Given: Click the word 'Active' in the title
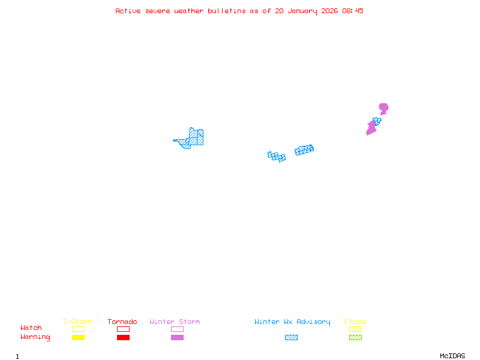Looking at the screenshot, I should point(128,11).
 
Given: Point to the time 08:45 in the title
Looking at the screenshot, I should point(352,11).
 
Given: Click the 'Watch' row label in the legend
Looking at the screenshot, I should point(31,328).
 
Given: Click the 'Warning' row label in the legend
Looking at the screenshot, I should point(35,337).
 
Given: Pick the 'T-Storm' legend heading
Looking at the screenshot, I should point(77,322).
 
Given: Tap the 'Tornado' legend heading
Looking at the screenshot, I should point(122,322).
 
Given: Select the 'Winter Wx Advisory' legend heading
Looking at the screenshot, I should point(292,322).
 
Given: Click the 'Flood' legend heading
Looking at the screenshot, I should point(355,322).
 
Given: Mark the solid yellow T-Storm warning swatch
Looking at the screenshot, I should point(78,338).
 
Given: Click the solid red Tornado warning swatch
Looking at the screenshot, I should point(123,338).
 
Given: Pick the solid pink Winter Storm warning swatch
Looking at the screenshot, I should point(177,338).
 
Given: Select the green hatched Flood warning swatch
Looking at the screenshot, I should point(355,338).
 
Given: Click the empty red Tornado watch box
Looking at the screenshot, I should point(123,329).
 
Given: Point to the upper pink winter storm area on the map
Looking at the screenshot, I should point(383,108).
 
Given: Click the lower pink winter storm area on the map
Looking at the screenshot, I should point(371,128).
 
